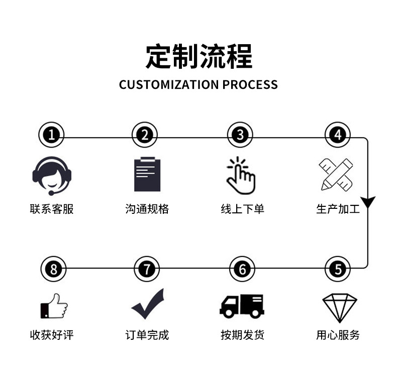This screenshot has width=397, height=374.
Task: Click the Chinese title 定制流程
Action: click(x=198, y=56)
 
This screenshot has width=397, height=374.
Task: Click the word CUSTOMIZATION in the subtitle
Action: click(x=169, y=84)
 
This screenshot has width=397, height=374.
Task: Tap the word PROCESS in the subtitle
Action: click(x=250, y=84)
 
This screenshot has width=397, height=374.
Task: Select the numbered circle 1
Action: click(x=51, y=135)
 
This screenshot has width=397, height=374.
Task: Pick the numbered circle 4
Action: click(x=337, y=135)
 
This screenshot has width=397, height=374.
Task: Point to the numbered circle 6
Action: click(x=242, y=269)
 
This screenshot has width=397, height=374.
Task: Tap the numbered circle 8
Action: click(x=52, y=269)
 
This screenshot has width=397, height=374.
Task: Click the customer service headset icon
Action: click(x=52, y=175)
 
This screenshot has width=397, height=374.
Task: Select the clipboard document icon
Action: click(x=147, y=174)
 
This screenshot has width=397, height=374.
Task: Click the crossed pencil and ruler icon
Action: click(x=337, y=174)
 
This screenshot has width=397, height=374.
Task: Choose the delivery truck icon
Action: click(x=242, y=305)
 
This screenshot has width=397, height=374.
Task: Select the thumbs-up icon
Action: click(x=53, y=306)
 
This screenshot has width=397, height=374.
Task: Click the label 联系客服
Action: click(x=52, y=209)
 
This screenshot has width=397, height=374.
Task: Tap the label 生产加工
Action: click(x=338, y=209)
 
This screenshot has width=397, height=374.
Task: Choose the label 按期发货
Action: click(x=242, y=335)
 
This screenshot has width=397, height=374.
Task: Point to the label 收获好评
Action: click(x=52, y=335)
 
